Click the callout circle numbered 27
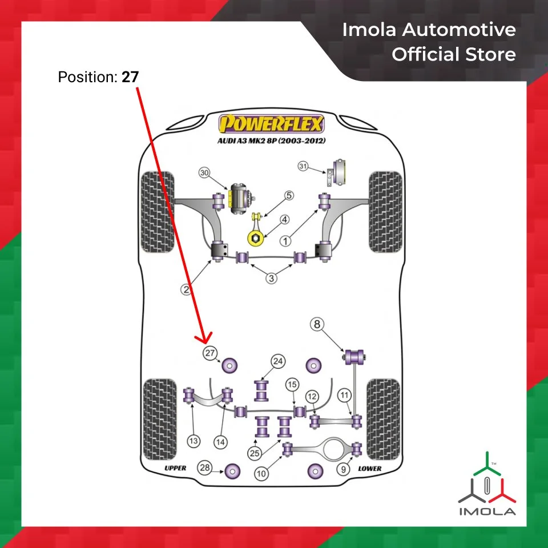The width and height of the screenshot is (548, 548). [210, 353]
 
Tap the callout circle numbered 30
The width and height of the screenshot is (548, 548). [204, 173]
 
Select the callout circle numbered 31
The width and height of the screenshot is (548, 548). [303, 166]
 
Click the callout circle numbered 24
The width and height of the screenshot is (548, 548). [277, 361]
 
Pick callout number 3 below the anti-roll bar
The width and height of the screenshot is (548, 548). [271, 279]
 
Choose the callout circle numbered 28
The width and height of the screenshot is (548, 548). [204, 468]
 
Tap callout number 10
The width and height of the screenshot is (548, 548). [262, 473]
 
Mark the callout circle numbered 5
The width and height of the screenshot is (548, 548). [289, 196]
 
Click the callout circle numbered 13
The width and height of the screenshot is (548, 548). [194, 441]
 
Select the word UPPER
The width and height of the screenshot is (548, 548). [175, 468]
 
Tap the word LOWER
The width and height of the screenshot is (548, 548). [370, 468]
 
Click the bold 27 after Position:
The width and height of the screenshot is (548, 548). [130, 76]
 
